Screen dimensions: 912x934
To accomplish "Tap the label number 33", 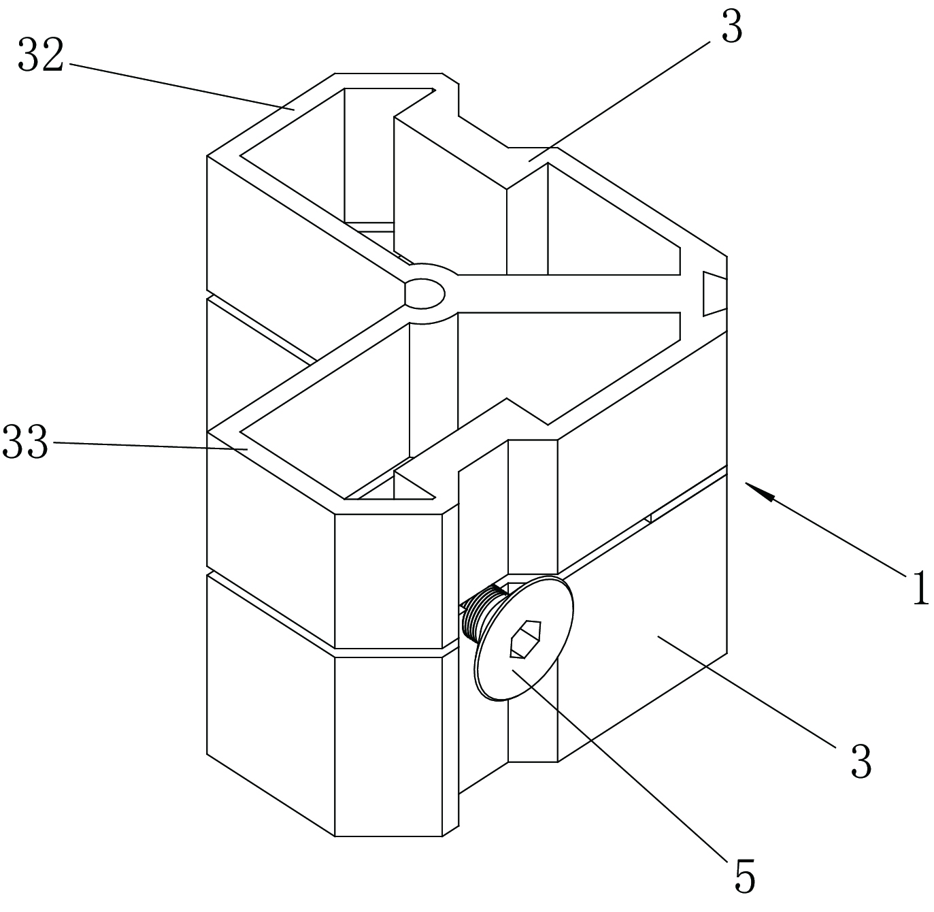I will (26, 442).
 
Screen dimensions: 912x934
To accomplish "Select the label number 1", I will (919, 588).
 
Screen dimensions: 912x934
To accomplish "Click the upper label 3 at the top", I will (731, 29).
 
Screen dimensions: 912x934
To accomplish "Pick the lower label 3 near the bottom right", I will (861, 762).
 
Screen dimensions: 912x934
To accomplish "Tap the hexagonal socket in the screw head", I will (526, 639).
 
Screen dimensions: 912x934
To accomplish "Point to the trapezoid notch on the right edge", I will (714, 294).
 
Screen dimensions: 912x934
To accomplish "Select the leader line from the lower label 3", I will (748, 691).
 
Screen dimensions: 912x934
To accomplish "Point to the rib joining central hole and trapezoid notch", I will (571, 294).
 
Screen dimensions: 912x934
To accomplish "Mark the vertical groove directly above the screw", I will (533, 504).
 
